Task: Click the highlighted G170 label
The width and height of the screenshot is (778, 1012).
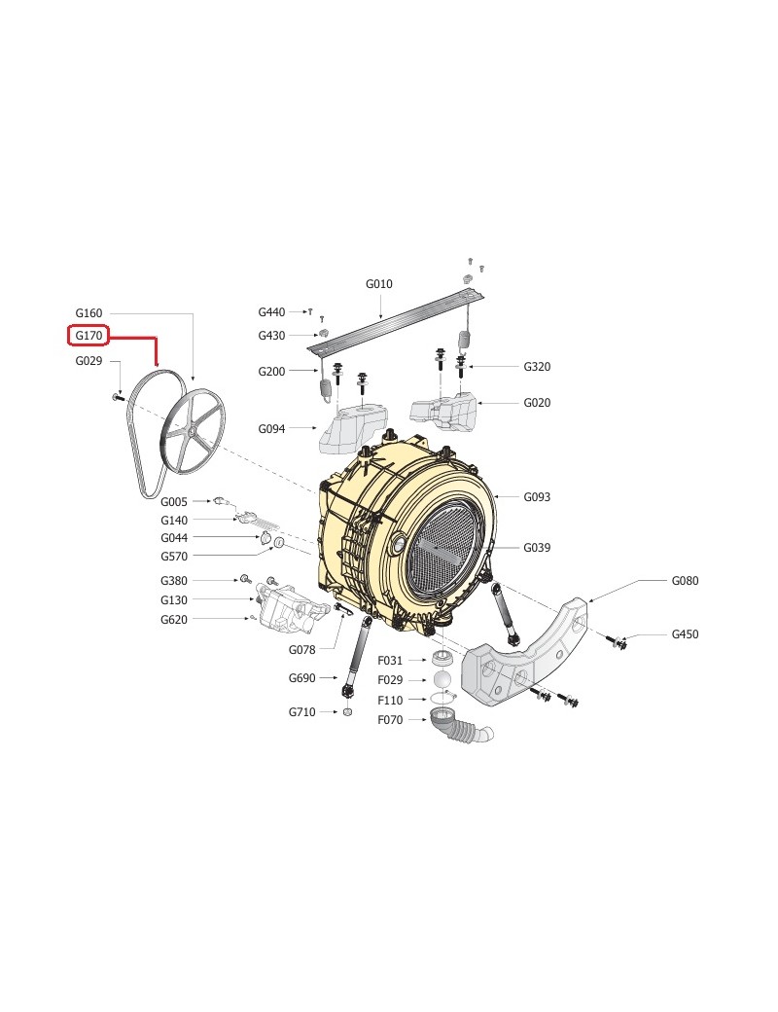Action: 88,336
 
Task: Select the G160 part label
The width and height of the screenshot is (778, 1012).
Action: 88,313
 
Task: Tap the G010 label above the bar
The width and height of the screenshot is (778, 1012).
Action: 378,284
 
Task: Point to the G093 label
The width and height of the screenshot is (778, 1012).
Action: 537,497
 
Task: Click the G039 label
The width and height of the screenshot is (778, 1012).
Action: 537,548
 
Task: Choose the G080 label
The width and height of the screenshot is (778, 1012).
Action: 685,581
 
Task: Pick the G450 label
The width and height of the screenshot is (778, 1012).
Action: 685,634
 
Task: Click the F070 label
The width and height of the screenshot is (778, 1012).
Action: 390,720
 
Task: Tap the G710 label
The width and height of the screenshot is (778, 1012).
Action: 301,712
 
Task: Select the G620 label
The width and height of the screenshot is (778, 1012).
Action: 173,620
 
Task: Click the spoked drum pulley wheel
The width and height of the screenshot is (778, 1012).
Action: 193,430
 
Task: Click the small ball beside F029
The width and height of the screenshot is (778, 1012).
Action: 442,680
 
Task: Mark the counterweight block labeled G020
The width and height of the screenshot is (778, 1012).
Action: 444,410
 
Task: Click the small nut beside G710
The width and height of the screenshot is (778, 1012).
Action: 347,712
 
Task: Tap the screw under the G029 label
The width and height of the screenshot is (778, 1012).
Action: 118,398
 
